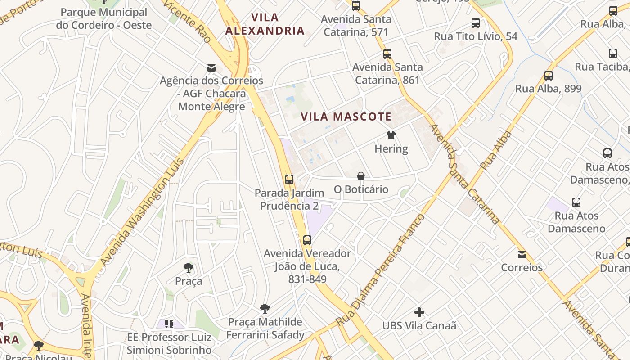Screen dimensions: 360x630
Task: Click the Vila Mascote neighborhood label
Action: point(346,117)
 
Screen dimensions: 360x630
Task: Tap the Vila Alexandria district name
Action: point(265,24)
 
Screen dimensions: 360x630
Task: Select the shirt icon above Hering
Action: point(391,135)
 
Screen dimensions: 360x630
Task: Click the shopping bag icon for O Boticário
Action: point(360,176)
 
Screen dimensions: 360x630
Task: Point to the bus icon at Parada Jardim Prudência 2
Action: point(289,180)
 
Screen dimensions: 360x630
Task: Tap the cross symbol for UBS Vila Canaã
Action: point(419,312)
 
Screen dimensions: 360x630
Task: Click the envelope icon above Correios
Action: point(522,255)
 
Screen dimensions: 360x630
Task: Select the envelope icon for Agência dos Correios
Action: point(211,68)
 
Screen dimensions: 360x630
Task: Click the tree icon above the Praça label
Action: point(189,268)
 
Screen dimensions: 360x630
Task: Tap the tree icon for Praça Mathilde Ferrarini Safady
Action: point(265,309)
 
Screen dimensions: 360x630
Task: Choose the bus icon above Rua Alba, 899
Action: point(549,76)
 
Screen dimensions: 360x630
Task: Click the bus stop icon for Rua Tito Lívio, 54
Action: point(476,23)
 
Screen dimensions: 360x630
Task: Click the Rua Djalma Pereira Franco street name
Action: point(380,270)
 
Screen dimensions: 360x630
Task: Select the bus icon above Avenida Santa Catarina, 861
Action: point(387,54)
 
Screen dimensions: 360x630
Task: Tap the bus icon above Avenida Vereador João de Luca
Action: point(307,240)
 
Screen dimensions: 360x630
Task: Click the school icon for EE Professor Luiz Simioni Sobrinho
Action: point(169,324)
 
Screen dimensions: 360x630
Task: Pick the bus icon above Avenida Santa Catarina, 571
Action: point(356,6)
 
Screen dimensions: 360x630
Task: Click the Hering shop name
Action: point(391,149)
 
